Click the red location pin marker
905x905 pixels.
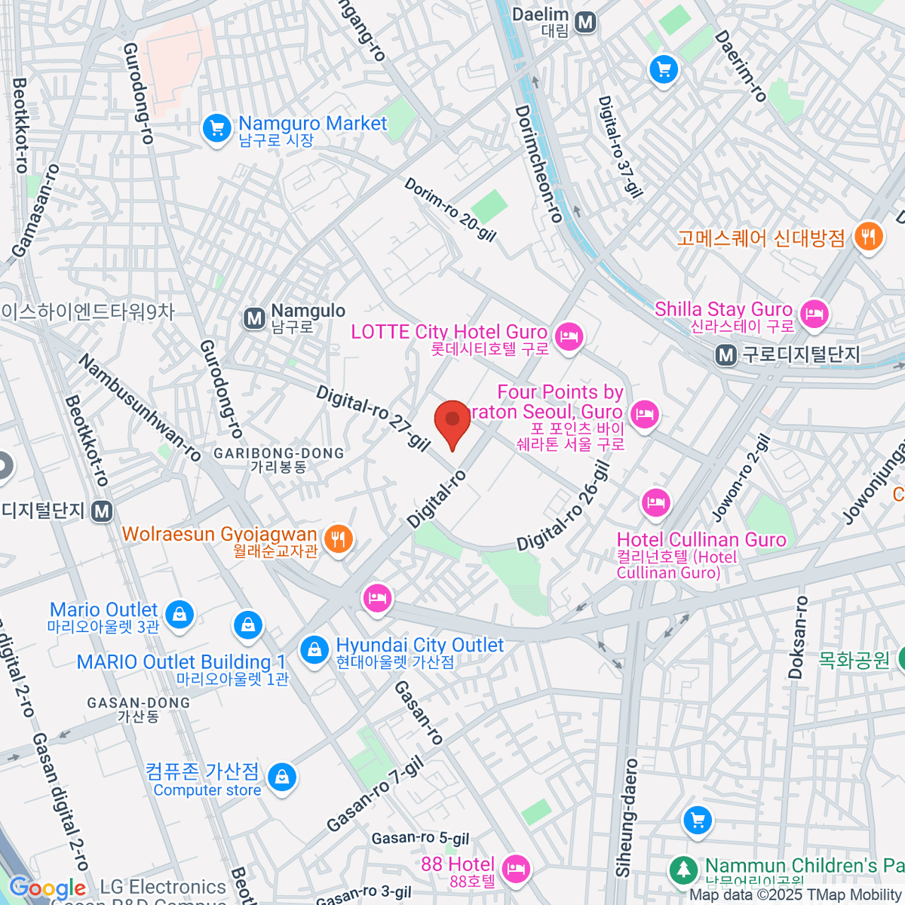pyautogui.click(x=452, y=421)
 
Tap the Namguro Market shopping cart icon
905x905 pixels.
pyautogui.click(x=216, y=129)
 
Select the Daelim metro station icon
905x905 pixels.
pyautogui.click(x=585, y=22)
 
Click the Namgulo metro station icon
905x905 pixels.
pyautogui.click(x=255, y=318)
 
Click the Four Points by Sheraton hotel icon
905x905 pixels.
pyautogui.click(x=645, y=414)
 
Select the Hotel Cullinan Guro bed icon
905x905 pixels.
pyautogui.click(x=655, y=502)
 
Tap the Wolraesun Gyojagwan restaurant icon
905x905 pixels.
pyautogui.click(x=338, y=538)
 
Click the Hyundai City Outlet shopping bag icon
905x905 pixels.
pyautogui.click(x=314, y=649)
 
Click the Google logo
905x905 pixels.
pyautogui.click(x=48, y=888)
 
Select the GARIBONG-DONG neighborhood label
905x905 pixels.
pyautogui.click(x=278, y=453)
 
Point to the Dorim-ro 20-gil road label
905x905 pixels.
pyautogui.click(x=450, y=210)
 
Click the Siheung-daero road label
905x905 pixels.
pyautogui.click(x=627, y=818)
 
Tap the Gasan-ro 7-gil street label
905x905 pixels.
pyautogui.click(x=376, y=795)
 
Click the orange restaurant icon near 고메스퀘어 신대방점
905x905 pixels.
pyautogui.click(x=869, y=238)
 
